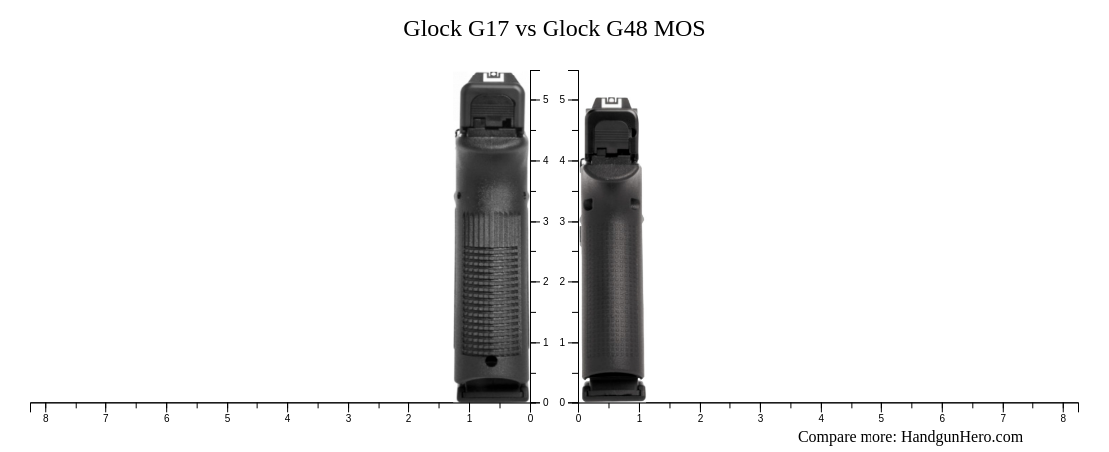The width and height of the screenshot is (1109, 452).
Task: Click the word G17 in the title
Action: tap(488, 29)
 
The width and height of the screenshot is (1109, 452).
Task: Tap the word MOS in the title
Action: tap(681, 29)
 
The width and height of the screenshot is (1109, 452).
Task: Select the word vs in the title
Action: tap(526, 29)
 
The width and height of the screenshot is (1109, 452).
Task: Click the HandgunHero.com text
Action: tap(961, 437)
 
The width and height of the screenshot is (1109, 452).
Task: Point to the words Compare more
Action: tap(846, 437)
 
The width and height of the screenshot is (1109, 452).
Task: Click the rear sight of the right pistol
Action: tap(610, 102)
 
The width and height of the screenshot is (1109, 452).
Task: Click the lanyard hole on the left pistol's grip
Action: tap(491, 361)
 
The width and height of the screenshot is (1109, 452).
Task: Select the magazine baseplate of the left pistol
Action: tap(492, 393)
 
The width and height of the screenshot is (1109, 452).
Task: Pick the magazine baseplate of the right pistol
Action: tap(612, 392)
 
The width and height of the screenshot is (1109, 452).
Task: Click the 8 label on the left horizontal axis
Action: tap(45, 419)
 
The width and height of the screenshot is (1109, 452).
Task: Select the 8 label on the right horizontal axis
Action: tap(1063, 419)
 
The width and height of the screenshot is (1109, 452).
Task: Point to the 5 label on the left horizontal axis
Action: tap(227, 419)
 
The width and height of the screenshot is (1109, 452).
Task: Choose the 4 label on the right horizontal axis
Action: tap(821, 419)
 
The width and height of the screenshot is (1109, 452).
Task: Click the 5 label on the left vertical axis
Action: tap(545, 100)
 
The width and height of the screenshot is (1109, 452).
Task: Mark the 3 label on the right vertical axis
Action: tap(562, 222)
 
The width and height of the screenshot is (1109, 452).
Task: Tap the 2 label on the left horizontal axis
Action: tap(408, 419)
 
